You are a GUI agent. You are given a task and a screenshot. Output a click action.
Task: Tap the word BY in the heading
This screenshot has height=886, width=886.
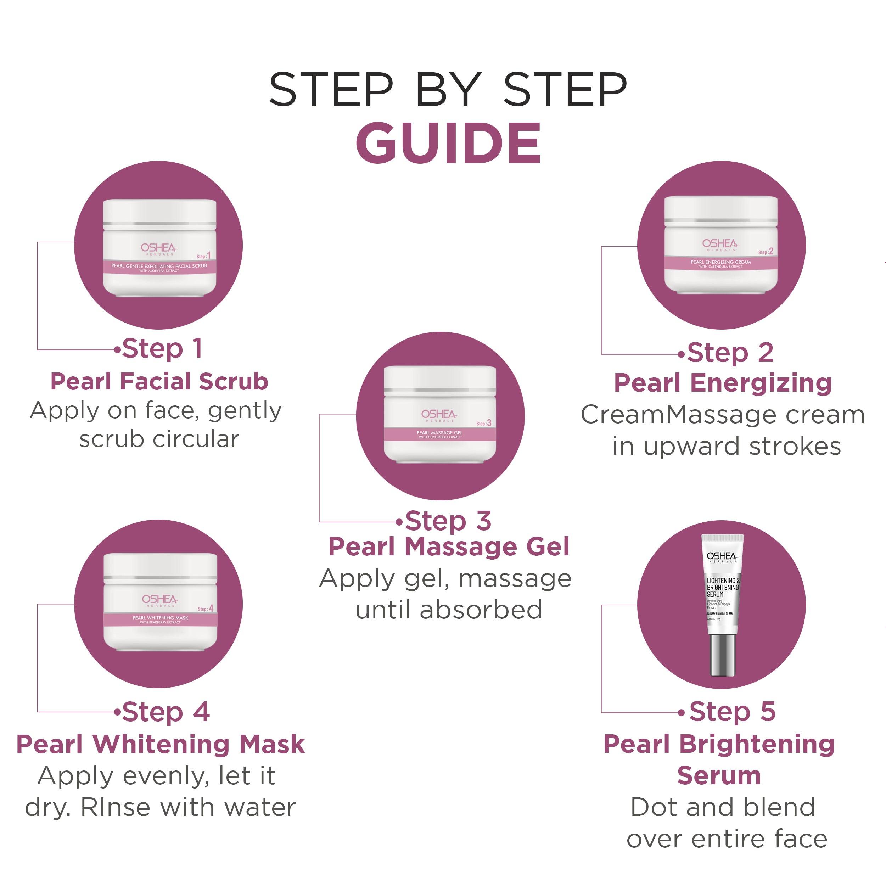pyautogui.click(x=448, y=90)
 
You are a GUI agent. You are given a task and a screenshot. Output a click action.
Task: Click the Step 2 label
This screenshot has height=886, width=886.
pyautogui.click(x=730, y=353)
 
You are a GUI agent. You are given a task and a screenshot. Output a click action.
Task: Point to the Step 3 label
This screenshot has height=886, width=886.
pyautogui.click(x=448, y=521)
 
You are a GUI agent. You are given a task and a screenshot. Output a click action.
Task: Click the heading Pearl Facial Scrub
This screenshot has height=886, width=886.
pyautogui.click(x=159, y=382)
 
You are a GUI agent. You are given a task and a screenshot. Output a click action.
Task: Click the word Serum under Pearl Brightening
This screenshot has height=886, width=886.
pyautogui.click(x=719, y=775)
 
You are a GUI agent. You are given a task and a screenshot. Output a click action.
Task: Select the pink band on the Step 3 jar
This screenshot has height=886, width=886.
pyautogui.click(x=440, y=434)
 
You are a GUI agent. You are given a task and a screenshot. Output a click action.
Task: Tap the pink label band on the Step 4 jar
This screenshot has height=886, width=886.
pyautogui.click(x=161, y=619)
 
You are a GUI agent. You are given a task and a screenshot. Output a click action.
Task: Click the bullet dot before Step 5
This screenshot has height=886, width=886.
pyautogui.click(x=682, y=713)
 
